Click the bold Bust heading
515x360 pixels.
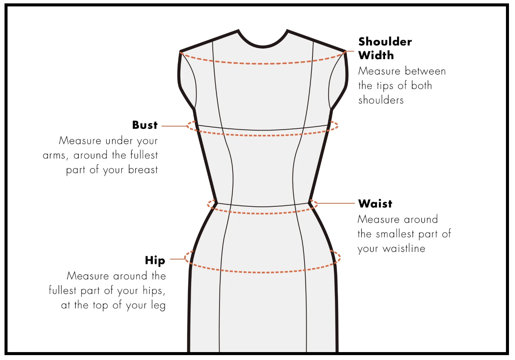[145, 125]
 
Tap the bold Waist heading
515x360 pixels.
[375, 204]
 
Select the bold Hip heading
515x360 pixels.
[155, 261]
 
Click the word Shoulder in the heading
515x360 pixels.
[385, 41]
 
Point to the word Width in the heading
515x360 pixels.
[376, 55]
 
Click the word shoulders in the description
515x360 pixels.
[381, 100]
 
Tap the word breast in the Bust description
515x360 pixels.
[143, 170]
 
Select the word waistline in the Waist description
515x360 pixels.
[404, 249]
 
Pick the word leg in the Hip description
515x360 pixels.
[158, 305]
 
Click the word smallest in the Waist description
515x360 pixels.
[395, 234]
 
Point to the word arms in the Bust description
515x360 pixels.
[54, 156]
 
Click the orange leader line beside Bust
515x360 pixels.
[174, 126]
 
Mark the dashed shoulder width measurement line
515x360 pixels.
[263, 63]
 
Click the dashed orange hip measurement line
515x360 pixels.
[263, 272]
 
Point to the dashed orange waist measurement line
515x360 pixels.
[263, 214]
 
